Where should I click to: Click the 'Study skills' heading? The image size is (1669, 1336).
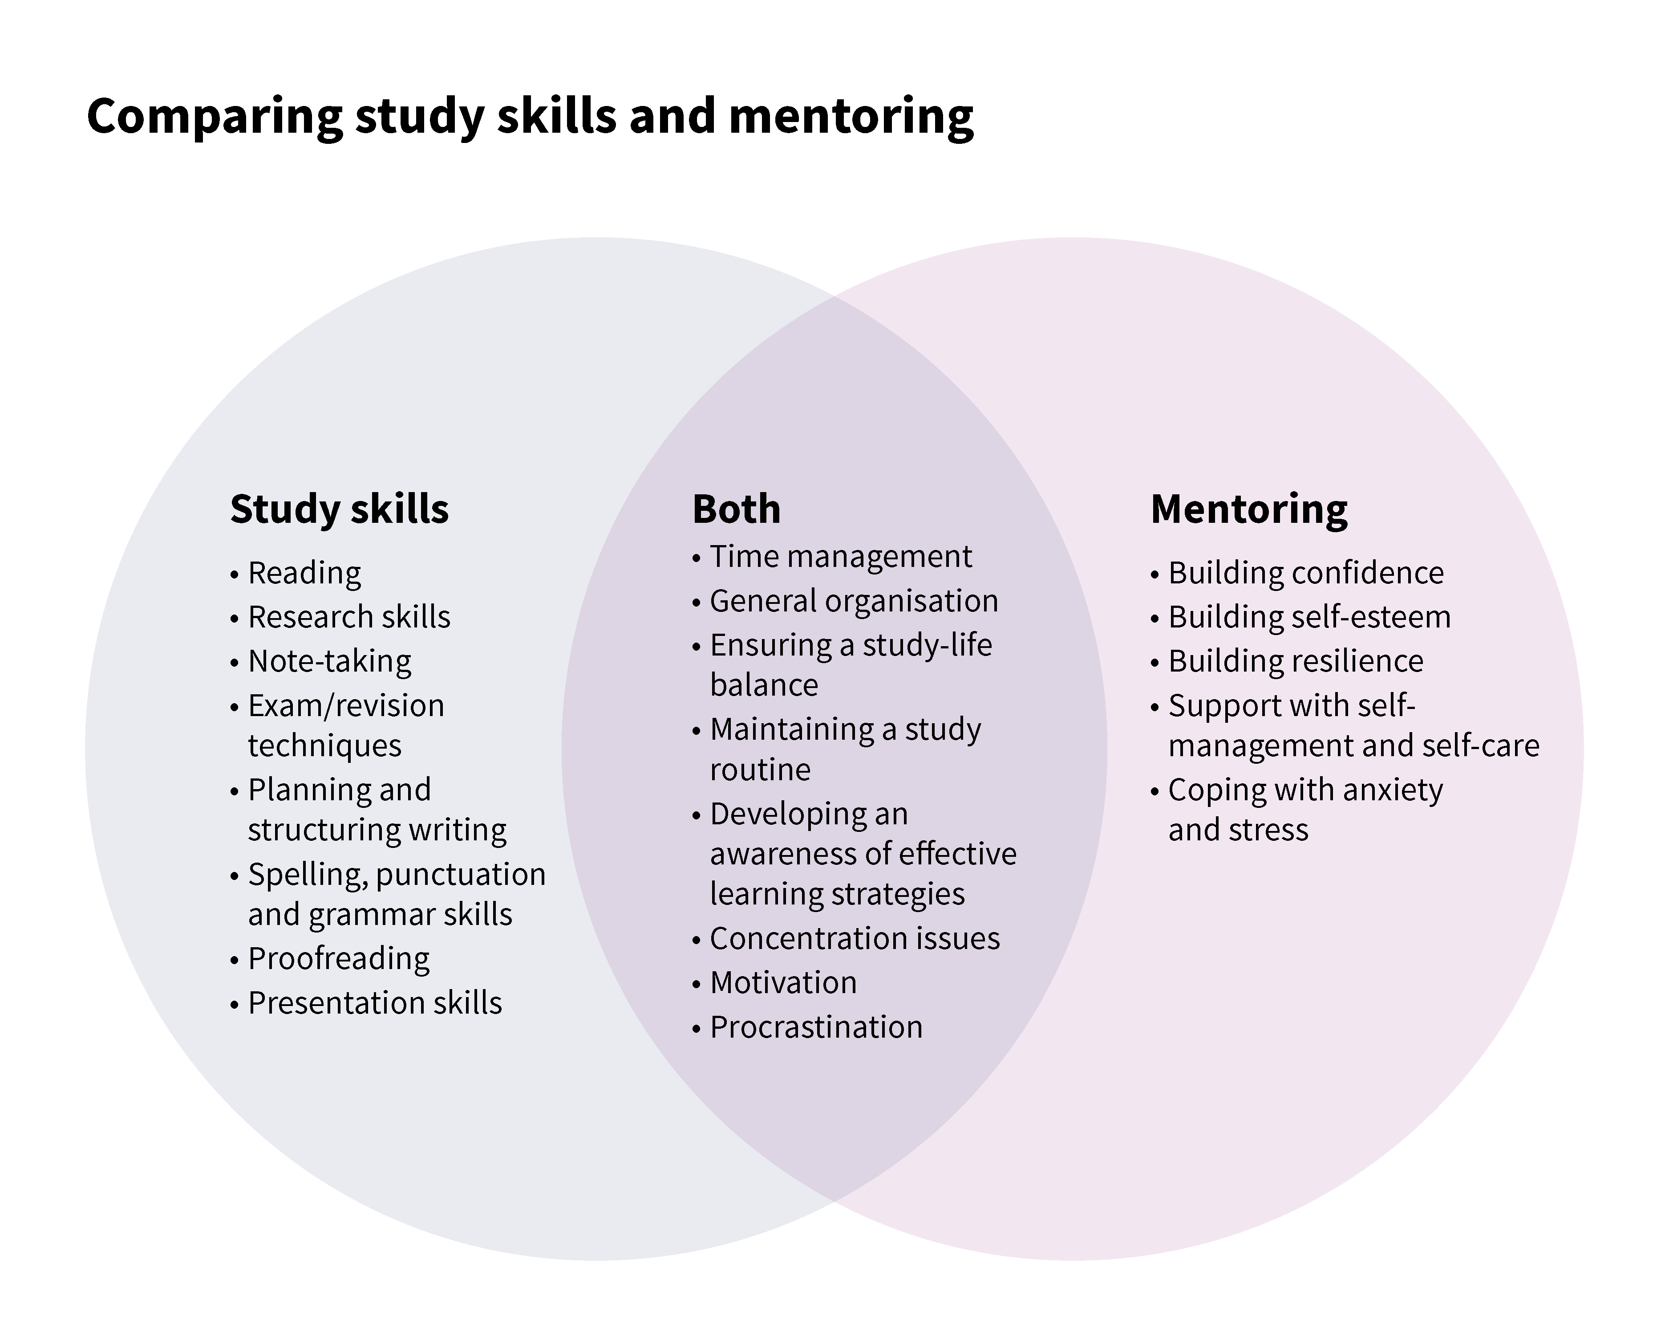(x=339, y=509)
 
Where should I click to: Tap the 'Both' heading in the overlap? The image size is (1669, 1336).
(x=736, y=509)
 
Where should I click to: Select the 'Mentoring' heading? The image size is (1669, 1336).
(x=1249, y=509)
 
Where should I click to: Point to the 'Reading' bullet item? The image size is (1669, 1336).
(x=304, y=573)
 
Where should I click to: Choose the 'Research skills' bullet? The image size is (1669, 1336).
(x=348, y=617)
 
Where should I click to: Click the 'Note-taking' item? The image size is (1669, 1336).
(x=330, y=661)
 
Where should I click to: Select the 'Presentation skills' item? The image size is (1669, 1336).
(x=375, y=1003)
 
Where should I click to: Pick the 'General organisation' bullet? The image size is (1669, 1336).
(x=854, y=601)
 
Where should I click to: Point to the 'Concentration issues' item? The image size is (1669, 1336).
(x=855, y=939)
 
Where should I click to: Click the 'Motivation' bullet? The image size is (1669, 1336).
(x=783, y=983)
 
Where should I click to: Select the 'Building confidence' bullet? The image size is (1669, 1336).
(x=1306, y=573)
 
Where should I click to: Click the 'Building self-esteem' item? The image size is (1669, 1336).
(x=1309, y=617)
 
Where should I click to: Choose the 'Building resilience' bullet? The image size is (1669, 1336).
(x=1295, y=661)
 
